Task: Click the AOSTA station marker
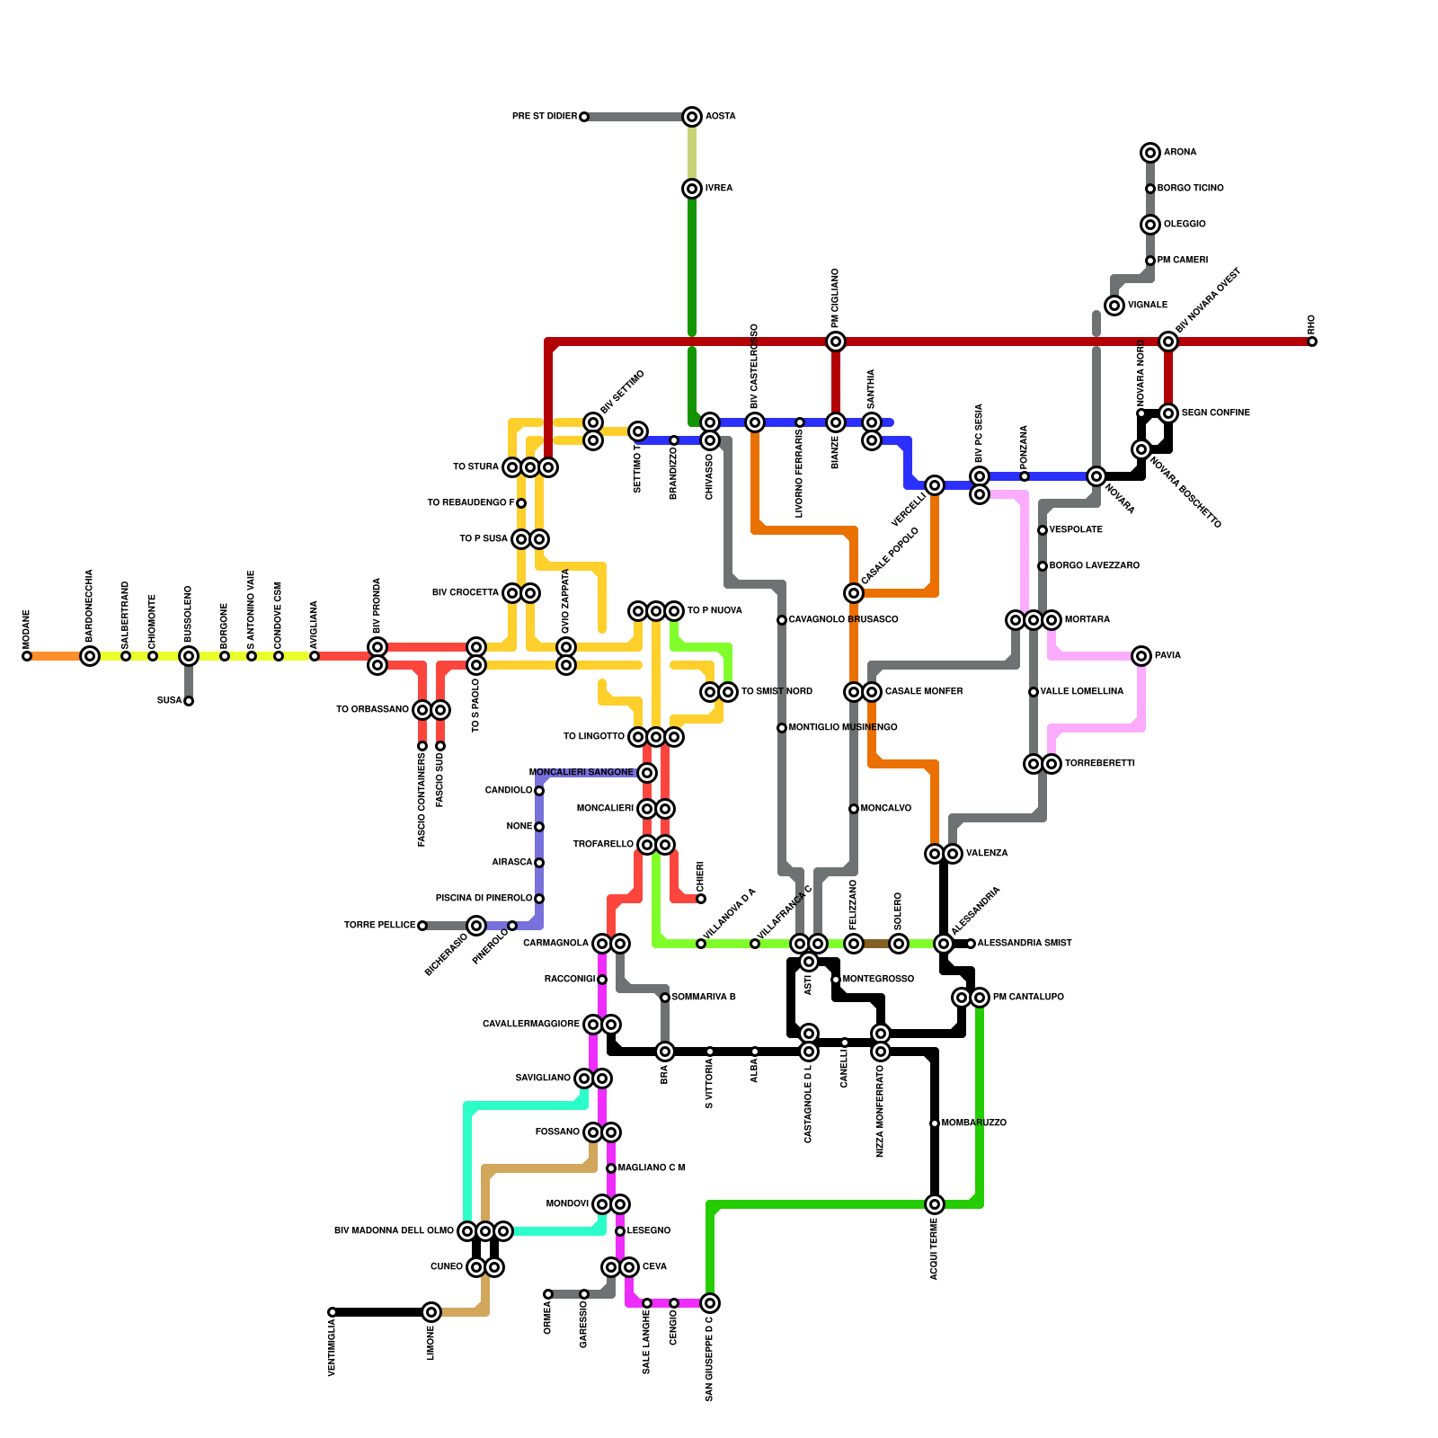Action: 692,117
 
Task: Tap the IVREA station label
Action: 719,189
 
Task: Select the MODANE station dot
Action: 27,656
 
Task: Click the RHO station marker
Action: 1312,342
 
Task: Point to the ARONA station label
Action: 1180,153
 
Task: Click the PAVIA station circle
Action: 1141,656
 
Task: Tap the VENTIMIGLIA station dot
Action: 333,1312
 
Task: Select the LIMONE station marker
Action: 431,1312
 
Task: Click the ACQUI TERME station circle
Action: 935,1204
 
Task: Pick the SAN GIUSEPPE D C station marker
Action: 710,1303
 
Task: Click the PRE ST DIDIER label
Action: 544,117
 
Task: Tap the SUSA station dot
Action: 189,701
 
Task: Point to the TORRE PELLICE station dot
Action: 422,926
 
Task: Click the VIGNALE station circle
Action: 1114,306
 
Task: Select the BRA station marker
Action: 665,1052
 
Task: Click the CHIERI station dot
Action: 701,899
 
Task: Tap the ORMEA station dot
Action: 548,1294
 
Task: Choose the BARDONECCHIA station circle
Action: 90,656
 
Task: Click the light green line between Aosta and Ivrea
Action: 692,153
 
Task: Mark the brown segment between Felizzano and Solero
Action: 876,944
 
